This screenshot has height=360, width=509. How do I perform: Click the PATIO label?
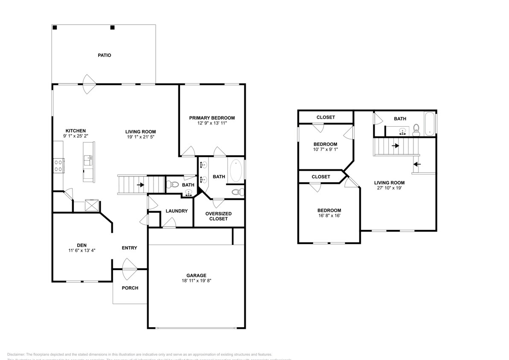point(104,55)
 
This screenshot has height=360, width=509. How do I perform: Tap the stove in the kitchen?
point(58,165)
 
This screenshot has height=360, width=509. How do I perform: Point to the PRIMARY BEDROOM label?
point(212,118)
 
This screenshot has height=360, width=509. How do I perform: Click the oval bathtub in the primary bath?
point(236,171)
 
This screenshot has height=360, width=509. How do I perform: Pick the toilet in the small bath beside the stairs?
point(173,185)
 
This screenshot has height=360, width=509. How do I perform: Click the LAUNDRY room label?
point(176,211)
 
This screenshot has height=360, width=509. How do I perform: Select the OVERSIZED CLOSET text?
point(218,216)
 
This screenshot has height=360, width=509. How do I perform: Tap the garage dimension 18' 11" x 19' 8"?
point(196,281)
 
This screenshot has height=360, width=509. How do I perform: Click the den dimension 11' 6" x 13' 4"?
point(81,250)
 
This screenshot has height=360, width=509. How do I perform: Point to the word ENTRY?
point(129,248)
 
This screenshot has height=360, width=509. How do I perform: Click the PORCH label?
point(130,288)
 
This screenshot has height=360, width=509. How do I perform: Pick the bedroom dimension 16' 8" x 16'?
point(329,216)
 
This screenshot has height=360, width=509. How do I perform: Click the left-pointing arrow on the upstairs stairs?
point(417,164)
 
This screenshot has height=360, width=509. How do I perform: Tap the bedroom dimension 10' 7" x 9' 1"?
point(325,149)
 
